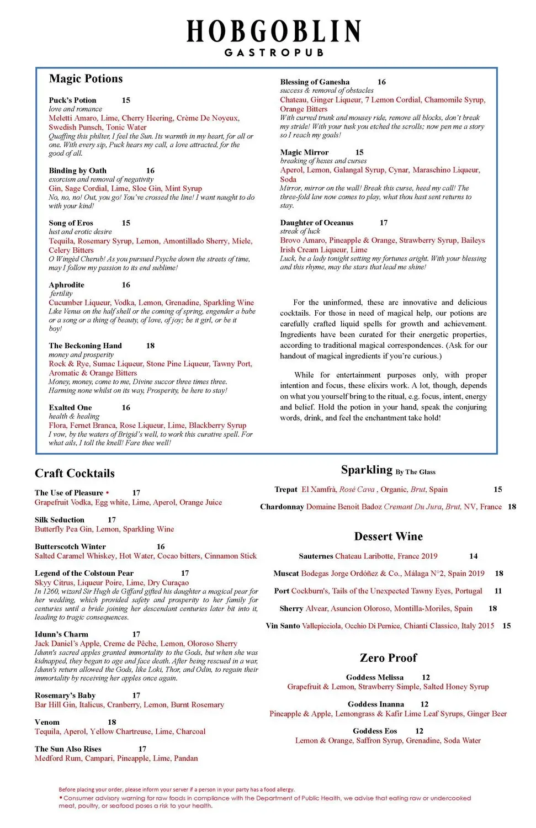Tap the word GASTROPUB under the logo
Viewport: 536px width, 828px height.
(274, 52)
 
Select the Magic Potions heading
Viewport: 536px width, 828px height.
(86, 79)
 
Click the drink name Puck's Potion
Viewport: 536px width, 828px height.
(72, 100)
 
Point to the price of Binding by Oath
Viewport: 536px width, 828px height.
(150, 171)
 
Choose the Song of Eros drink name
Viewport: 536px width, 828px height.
(71, 223)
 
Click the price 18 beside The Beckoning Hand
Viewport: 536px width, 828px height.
(150, 346)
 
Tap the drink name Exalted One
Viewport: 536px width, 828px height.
(70, 407)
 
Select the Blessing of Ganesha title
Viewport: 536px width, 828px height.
(315, 82)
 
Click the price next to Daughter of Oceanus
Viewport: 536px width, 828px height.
(384, 222)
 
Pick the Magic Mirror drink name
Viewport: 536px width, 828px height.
(304, 152)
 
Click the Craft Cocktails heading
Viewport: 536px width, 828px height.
(75, 474)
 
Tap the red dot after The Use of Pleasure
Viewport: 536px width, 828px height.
(108, 492)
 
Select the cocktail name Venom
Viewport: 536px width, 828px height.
(47, 722)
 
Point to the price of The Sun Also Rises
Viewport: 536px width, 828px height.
(142, 749)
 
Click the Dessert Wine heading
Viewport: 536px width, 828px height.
(388, 537)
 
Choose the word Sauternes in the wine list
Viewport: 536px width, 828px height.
(316, 556)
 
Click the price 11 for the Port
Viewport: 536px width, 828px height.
(498, 591)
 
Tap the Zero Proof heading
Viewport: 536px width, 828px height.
(388, 658)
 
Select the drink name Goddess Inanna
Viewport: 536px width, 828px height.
(375, 704)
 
